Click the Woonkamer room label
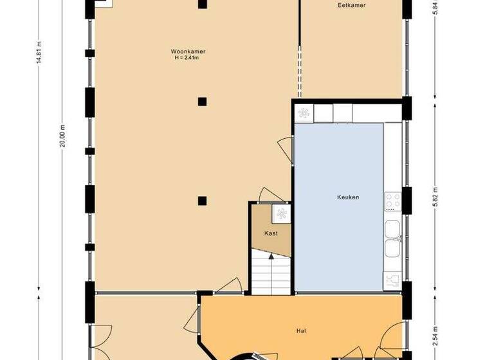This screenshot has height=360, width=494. [188, 51]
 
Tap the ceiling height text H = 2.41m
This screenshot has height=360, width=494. [188, 58]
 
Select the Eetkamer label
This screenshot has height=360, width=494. [351, 6]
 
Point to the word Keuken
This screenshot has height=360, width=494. [347, 197]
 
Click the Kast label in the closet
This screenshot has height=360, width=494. [271, 233]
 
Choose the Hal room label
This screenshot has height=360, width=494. [300, 331]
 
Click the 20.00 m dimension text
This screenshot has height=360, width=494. [63, 136]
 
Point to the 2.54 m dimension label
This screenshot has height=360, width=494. [435, 337]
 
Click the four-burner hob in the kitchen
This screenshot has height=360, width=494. [392, 201]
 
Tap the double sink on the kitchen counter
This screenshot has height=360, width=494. [392, 239]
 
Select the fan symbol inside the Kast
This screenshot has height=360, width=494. [281, 213]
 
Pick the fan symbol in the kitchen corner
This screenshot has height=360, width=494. [304, 114]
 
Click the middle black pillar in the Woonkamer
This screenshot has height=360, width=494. [202, 101]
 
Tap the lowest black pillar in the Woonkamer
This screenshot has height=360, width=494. [202, 200]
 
